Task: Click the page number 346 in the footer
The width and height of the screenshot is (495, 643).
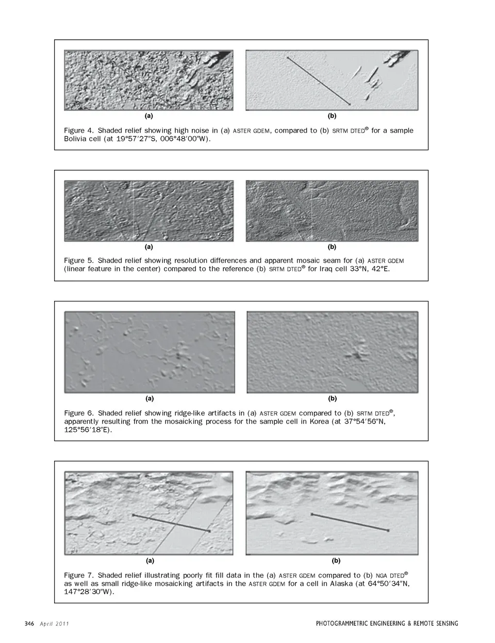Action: (x=29, y=624)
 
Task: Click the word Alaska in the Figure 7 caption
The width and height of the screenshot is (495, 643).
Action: (x=341, y=584)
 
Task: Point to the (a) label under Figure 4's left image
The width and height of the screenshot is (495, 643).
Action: (x=148, y=116)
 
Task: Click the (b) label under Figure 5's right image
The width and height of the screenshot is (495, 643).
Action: (x=332, y=247)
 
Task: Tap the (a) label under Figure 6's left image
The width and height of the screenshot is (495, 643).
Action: (x=150, y=398)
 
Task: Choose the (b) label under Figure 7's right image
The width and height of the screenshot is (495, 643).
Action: (x=336, y=560)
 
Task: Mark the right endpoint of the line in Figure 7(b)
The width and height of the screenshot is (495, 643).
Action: (x=388, y=530)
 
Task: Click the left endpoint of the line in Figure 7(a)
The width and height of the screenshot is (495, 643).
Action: (x=133, y=515)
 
